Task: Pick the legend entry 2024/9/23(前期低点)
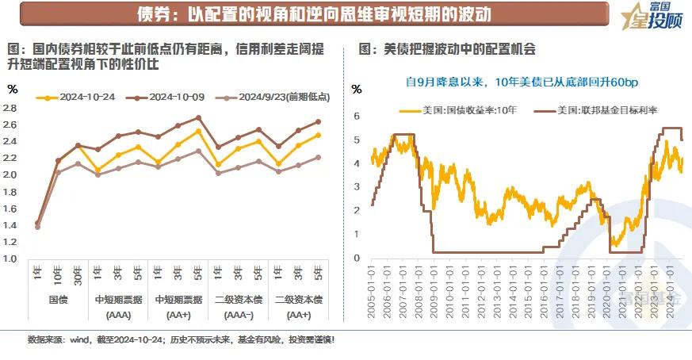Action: [x=281, y=98]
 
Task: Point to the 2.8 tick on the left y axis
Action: [x=12, y=108]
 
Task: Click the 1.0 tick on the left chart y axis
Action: [x=12, y=259]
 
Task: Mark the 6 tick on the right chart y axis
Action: [x=357, y=116]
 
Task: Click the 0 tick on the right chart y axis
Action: [x=357, y=258]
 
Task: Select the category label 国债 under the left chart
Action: [x=57, y=300]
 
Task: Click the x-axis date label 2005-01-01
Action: [x=372, y=293]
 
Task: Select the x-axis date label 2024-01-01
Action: [x=670, y=293]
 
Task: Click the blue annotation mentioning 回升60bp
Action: [x=521, y=82]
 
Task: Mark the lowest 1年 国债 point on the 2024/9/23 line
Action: [x=37, y=227]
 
